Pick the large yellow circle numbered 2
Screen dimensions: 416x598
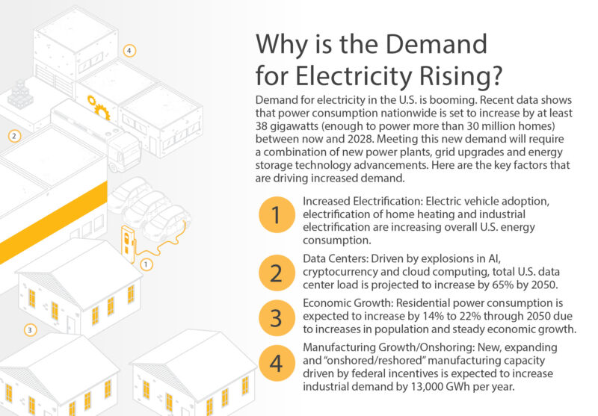[275, 273]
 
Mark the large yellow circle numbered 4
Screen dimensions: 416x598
[275, 364]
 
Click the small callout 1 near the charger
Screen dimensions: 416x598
[146, 264]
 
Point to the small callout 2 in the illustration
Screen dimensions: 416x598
[13, 136]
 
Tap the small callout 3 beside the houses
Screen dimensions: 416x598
[29, 329]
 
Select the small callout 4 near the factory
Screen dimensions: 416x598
[130, 51]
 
